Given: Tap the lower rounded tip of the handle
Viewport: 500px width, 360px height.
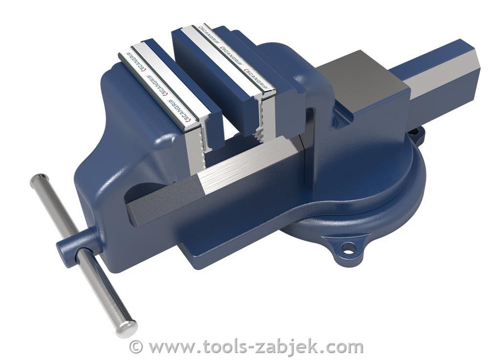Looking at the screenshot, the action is pyautogui.click(x=126, y=328).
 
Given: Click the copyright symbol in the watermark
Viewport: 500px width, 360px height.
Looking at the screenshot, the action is pyautogui.click(x=136, y=346).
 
